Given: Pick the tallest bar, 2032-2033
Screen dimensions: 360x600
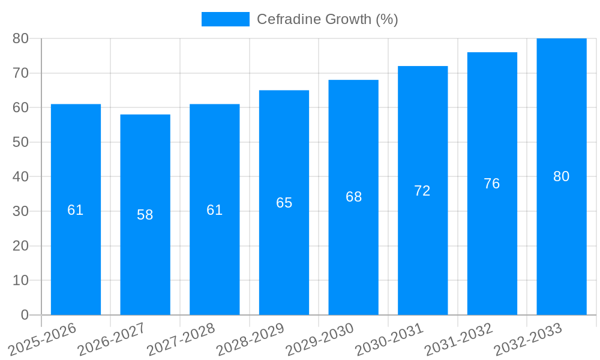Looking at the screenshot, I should (x=562, y=240).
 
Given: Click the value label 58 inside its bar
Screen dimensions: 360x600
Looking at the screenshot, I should (x=145, y=215).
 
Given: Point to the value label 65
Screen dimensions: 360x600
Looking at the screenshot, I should (x=284, y=203).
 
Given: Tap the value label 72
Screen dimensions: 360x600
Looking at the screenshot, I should (x=422, y=191).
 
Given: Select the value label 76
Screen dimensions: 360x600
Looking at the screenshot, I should (x=492, y=184).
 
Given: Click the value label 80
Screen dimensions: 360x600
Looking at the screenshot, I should (x=562, y=176).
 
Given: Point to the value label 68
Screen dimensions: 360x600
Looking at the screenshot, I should (x=354, y=197).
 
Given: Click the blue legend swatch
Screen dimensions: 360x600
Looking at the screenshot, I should (x=225, y=19).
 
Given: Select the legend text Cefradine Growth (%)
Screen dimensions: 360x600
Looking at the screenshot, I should (x=328, y=19).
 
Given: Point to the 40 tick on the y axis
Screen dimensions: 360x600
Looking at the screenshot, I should (x=20, y=177).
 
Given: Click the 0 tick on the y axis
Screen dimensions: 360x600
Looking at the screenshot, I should (x=25, y=315).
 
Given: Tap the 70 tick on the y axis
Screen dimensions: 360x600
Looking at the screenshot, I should (x=20, y=73).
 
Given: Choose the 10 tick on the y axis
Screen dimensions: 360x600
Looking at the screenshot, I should (x=20, y=281).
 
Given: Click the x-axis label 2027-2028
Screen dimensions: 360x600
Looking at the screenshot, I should (x=181, y=339).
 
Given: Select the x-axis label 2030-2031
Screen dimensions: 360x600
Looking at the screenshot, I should (x=389, y=339).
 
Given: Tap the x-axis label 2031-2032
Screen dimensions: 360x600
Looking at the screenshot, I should (x=458, y=339).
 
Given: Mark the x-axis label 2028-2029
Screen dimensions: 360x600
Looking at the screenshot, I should (x=250, y=339).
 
